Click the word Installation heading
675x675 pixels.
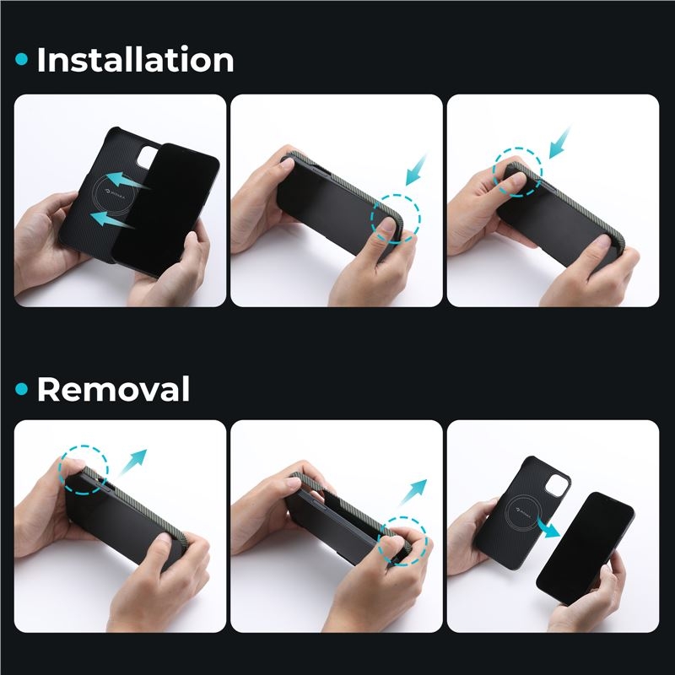[135, 59]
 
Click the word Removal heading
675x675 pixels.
[113, 389]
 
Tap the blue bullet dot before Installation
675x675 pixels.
[22, 59]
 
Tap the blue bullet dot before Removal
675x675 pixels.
[22, 389]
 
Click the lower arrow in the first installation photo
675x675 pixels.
[112, 219]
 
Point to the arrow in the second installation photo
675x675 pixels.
[416, 170]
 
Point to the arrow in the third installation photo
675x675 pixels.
[559, 143]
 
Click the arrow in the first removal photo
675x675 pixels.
[132, 462]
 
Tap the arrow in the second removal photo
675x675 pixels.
[413, 492]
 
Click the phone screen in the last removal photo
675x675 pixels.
[586, 548]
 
